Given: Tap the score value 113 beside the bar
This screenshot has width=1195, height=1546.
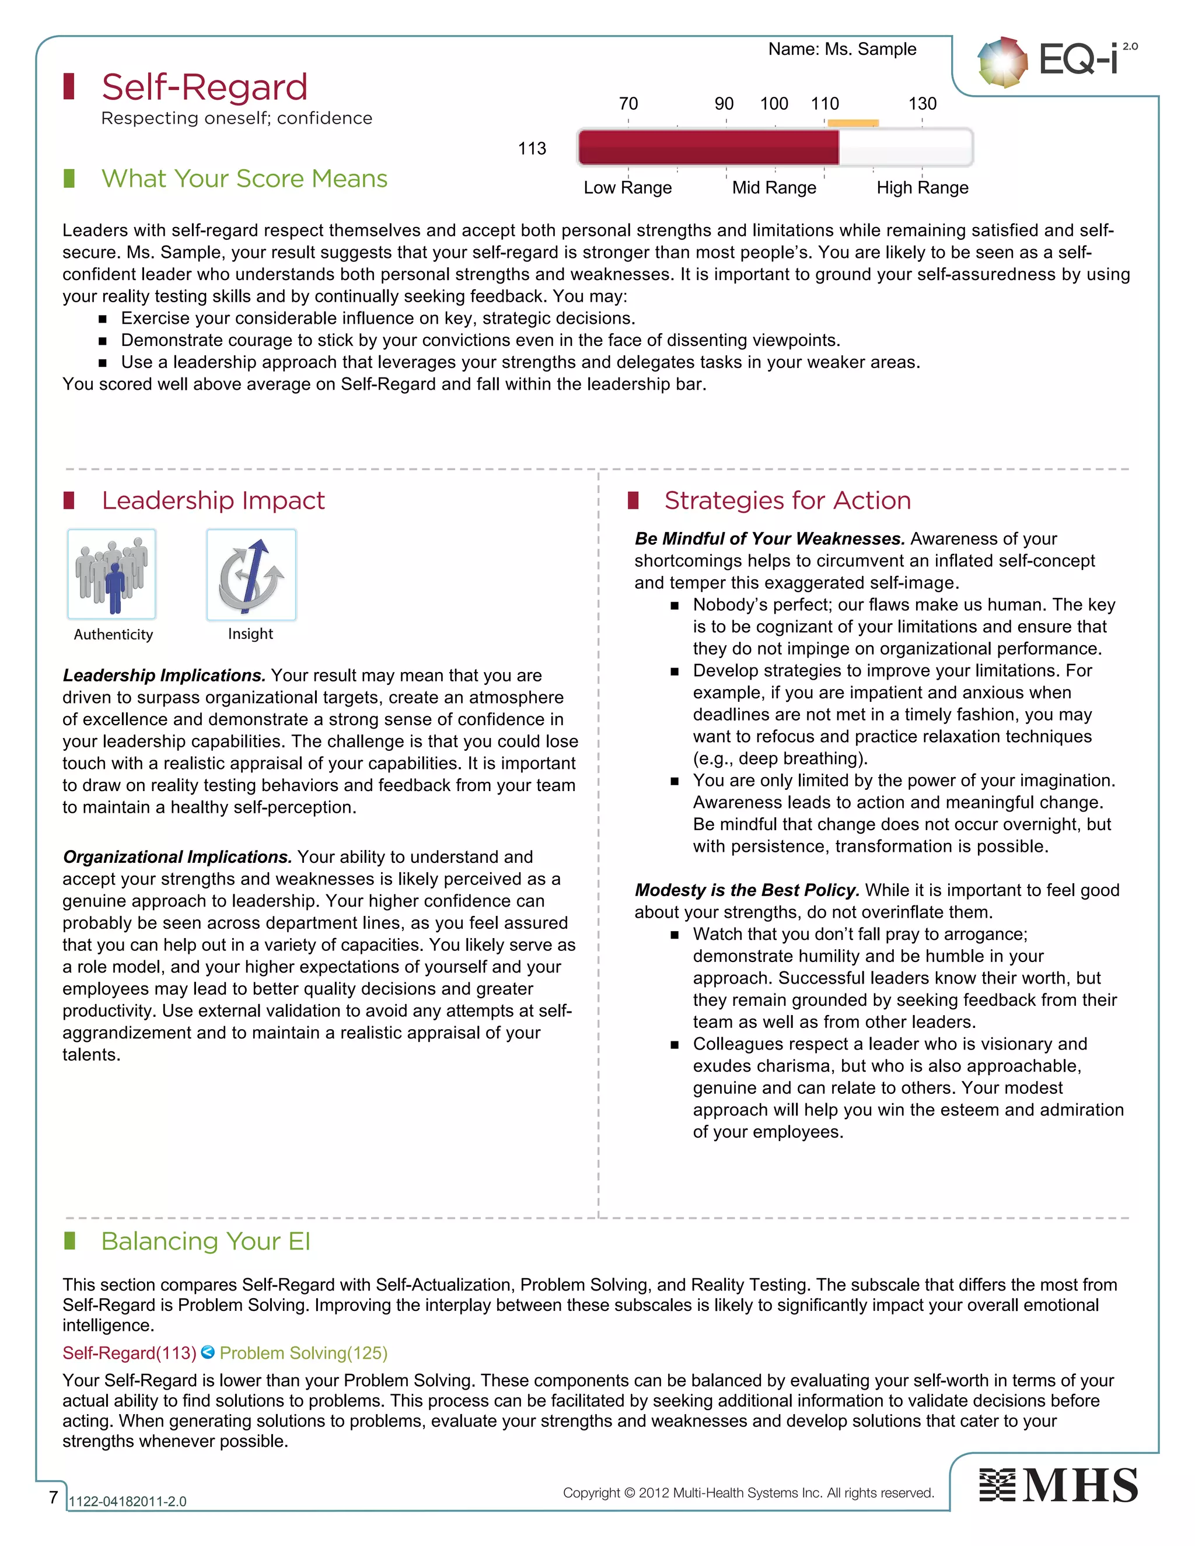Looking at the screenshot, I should coord(532,149).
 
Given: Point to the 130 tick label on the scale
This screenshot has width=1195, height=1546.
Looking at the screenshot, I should coord(922,104).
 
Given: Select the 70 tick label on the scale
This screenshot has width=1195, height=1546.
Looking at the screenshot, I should coord(628,104).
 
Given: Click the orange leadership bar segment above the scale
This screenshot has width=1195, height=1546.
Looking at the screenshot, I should coord(853,123).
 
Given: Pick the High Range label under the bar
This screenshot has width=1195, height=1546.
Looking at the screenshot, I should coord(922,188).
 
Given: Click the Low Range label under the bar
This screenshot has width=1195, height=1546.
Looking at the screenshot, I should coord(627,188).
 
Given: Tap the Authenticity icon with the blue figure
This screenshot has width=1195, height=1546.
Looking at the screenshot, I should coord(112,574).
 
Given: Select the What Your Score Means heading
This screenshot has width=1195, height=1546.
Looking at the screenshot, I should coord(244,179).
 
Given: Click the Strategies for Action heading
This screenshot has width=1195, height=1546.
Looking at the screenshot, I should coord(787,501).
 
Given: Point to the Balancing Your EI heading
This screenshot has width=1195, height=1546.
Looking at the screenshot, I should coord(205,1241).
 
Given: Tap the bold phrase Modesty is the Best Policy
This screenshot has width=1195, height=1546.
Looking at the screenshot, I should coord(746,890).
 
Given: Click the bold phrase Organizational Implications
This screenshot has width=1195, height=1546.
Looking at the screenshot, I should coord(177,856).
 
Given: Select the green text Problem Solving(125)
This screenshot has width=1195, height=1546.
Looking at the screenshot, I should coord(303,1353).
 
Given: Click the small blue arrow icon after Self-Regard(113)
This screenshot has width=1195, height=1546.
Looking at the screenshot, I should coord(207,1352).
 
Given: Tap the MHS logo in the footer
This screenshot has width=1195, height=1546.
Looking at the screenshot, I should coord(1058,1485).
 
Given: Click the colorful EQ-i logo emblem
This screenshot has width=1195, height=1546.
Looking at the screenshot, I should coord(1002,62).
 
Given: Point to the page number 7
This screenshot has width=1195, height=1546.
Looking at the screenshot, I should coord(53,1496).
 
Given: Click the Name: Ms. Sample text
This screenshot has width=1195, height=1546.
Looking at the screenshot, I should coord(842,49).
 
